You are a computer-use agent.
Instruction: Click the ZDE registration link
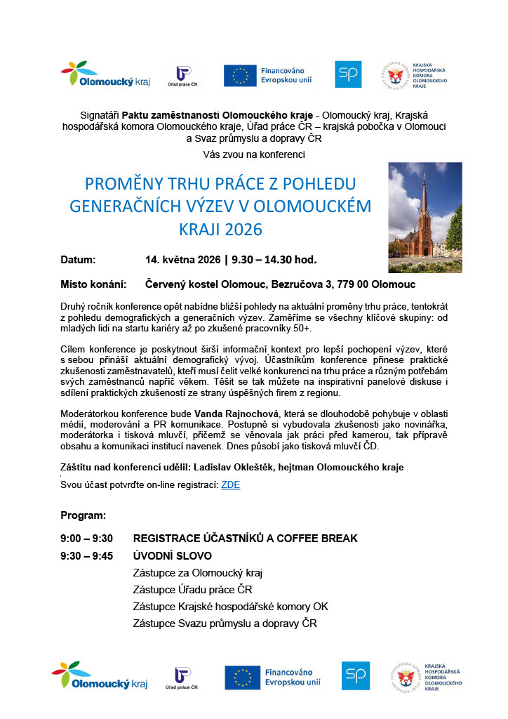pyautogui.click(x=230, y=485)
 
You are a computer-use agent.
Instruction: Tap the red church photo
pyautogui.click(x=425, y=218)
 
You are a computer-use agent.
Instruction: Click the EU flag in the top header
pyautogui.click(x=240, y=76)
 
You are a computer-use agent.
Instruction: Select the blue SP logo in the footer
pyautogui.click(x=356, y=675)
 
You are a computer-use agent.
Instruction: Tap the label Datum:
pyautogui.click(x=78, y=260)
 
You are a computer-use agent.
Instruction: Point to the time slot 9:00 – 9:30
pyautogui.click(x=86, y=539)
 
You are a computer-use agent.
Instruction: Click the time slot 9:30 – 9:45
pyautogui.click(x=86, y=555)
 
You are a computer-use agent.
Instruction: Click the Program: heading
pyautogui.click(x=83, y=515)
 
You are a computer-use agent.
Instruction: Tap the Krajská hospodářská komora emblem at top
pyautogui.click(x=394, y=76)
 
